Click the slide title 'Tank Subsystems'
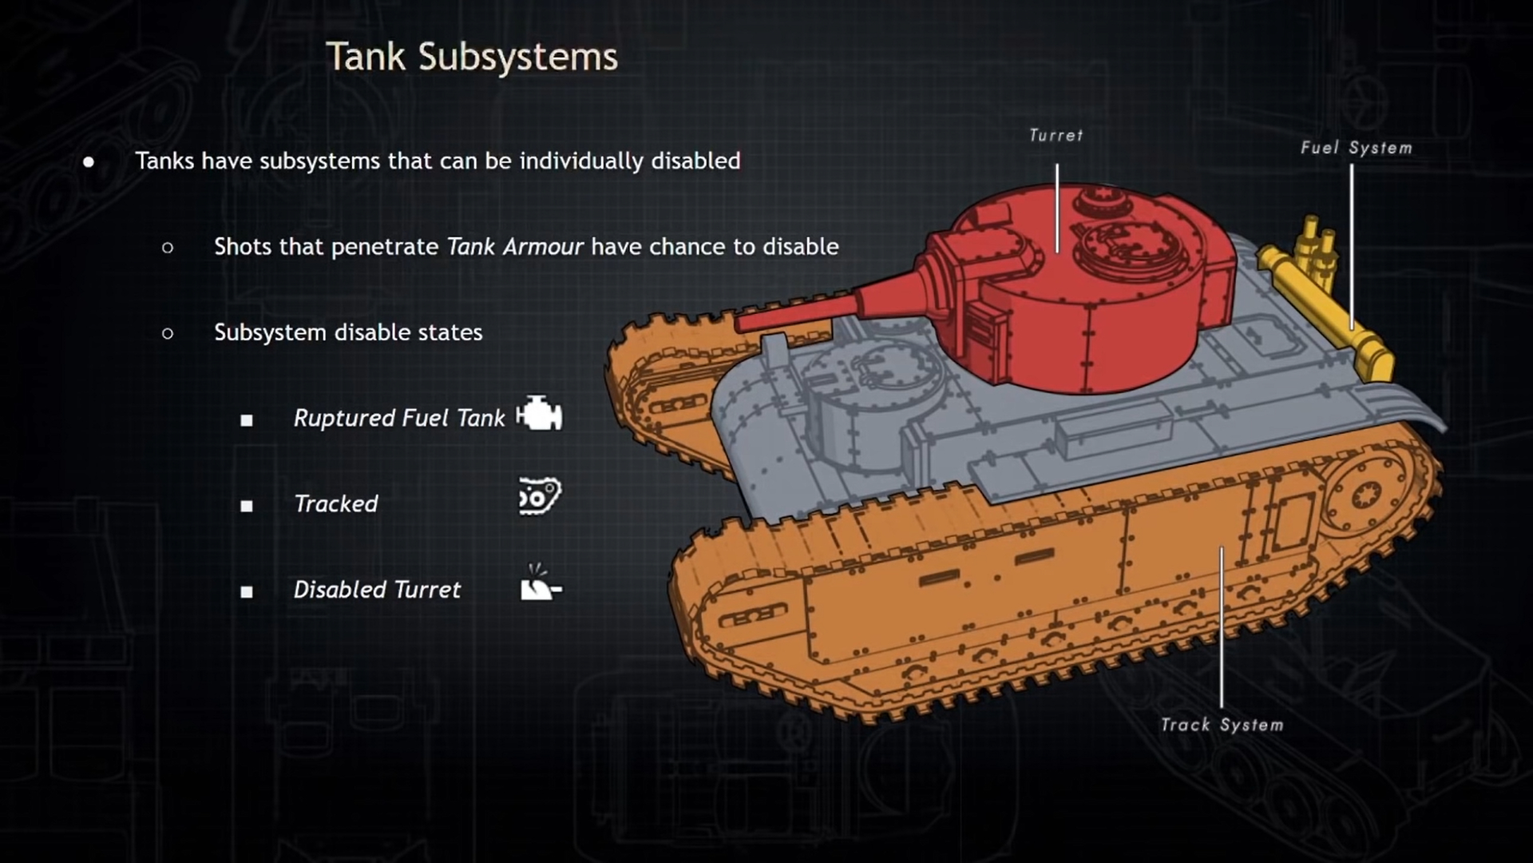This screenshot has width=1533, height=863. click(472, 58)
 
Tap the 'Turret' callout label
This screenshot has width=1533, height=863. click(1056, 136)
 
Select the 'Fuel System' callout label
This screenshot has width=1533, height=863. click(1356, 149)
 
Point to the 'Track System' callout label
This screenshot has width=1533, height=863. click(1222, 726)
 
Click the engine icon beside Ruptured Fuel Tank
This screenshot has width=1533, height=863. click(540, 414)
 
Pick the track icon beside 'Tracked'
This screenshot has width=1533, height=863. click(540, 497)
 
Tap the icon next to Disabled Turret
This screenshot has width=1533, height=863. click(540, 583)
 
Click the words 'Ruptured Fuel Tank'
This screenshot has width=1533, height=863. click(399, 418)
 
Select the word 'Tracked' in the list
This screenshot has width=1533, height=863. click(336, 504)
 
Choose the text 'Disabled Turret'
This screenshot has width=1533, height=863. click(377, 591)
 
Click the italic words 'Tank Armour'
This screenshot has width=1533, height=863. click(515, 247)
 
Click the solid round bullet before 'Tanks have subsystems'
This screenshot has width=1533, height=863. click(89, 162)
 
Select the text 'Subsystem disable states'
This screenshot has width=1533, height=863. click(348, 332)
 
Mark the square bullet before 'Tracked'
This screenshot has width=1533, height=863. click(247, 506)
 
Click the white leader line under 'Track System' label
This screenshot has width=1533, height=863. click(1222, 631)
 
